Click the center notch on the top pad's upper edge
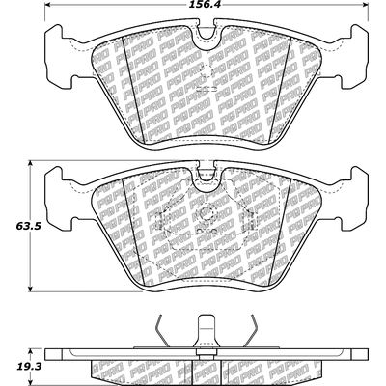coord(204,40)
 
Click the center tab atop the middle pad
coord(204,176)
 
